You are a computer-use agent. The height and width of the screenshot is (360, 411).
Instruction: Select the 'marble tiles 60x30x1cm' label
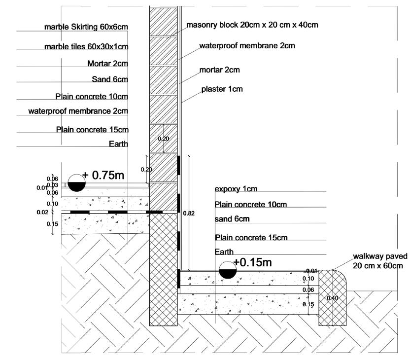86,47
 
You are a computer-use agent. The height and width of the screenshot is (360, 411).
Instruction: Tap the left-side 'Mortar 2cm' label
107,63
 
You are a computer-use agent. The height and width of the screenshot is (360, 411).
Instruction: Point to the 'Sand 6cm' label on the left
110,79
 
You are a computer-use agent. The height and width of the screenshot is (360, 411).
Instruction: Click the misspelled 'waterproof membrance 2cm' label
78,111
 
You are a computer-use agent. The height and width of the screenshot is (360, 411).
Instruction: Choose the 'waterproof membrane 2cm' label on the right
247,46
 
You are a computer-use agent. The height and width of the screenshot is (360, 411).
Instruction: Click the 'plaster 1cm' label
222,89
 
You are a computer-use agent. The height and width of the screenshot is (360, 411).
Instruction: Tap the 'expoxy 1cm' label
236,189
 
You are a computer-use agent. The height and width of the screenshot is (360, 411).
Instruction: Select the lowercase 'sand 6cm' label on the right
232,218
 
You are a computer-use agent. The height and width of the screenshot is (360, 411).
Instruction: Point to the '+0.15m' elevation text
252,262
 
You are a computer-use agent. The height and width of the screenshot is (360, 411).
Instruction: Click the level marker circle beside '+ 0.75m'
76,182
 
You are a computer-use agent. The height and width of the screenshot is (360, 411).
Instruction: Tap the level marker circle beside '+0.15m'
227,269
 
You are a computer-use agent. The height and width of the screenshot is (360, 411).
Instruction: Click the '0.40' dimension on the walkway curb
333,298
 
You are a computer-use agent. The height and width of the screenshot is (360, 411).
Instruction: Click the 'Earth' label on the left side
118,144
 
